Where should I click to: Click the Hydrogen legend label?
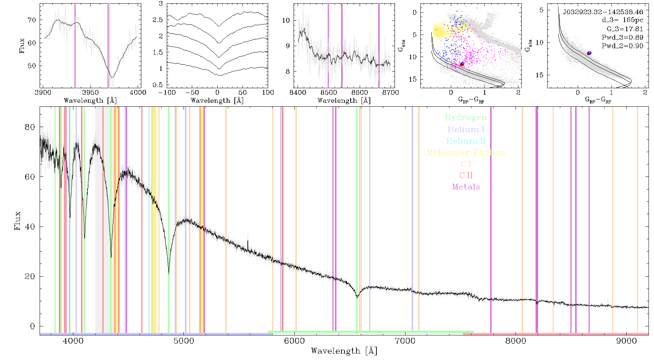coord(465,117)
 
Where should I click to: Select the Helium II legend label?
coord(466,141)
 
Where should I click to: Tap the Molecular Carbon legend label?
coord(466,152)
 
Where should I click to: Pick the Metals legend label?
coord(466,187)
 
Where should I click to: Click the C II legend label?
coord(466,175)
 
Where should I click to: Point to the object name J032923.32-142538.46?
coord(603,12)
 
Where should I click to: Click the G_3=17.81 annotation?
coord(625,29)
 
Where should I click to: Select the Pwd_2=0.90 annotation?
coord(622,46)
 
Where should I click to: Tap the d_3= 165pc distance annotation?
coord(622,20)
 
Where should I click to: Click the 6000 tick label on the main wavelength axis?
coord(294,341)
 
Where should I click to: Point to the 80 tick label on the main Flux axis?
coord(30,127)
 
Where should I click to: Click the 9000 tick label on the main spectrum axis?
coord(626,341)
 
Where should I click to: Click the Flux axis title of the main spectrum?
coord(17,221)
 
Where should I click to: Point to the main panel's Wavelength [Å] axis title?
coord(344,351)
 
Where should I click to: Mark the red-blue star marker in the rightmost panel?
coord(589,53)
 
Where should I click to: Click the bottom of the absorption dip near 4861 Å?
coord(169,273)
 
